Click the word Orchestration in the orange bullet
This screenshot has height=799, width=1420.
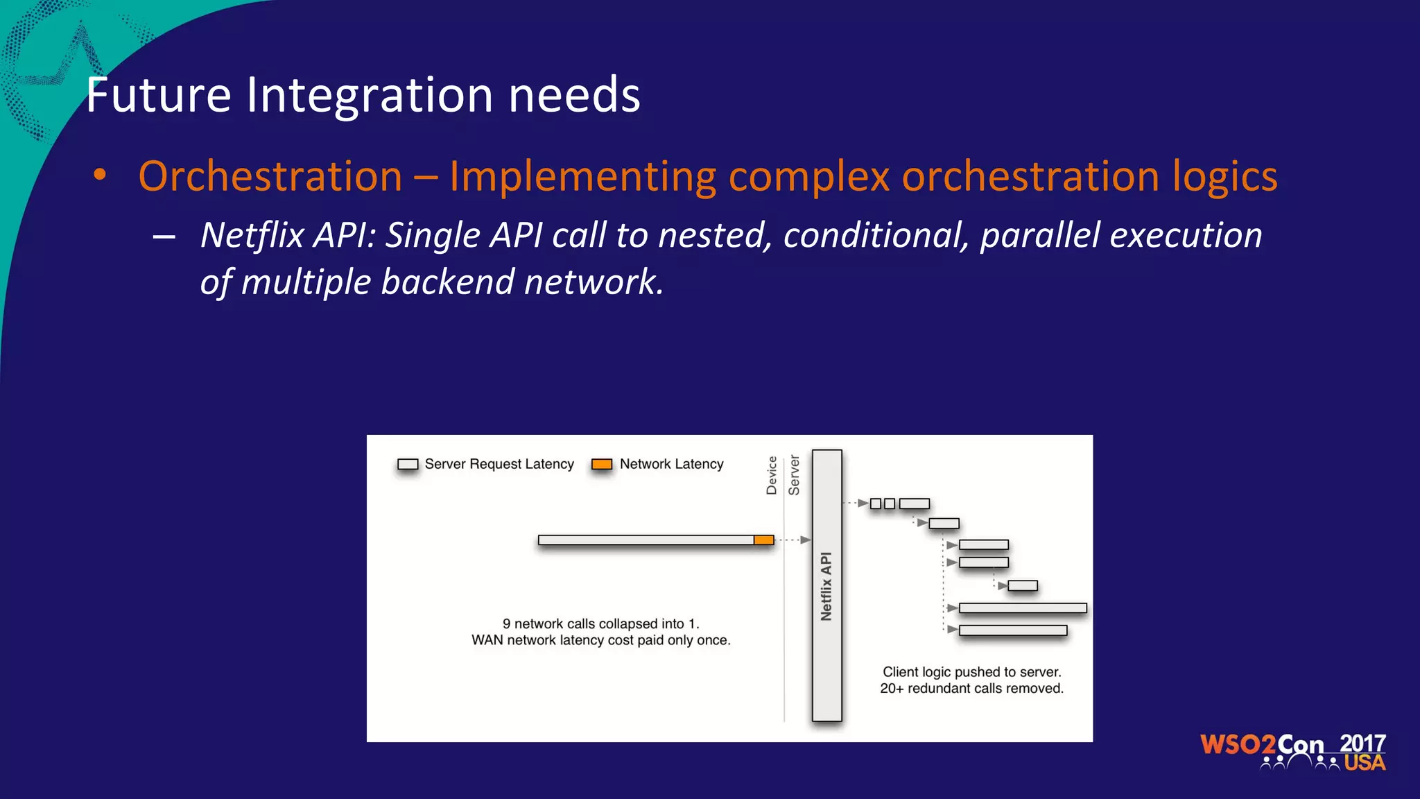pyautogui.click(x=270, y=176)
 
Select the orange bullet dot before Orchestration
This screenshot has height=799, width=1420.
pyautogui.click(x=101, y=175)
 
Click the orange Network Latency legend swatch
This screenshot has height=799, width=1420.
pyautogui.click(x=601, y=464)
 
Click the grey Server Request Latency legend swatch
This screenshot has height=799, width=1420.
pyautogui.click(x=408, y=464)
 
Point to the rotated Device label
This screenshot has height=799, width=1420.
pyautogui.click(x=772, y=475)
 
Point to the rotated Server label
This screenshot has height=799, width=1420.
pyautogui.click(x=794, y=475)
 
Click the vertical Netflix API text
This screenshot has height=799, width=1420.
pyautogui.click(x=826, y=586)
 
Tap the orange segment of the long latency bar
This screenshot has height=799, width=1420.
pyautogui.click(x=763, y=540)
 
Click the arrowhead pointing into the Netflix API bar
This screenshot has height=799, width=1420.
pyautogui.click(x=805, y=540)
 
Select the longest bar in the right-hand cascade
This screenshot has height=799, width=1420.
pyautogui.click(x=1022, y=608)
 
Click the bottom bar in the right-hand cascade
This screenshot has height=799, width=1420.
pyautogui.click(x=1012, y=630)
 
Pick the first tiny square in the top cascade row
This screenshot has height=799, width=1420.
pyautogui.click(x=876, y=504)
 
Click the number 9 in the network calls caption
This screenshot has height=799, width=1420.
pyautogui.click(x=507, y=624)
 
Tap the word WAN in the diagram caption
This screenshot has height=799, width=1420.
pyautogui.click(x=487, y=640)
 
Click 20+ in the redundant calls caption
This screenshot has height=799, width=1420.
pyautogui.click(x=892, y=689)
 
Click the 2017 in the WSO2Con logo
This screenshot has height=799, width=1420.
pyautogui.click(x=1362, y=744)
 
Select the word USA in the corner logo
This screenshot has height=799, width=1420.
pyautogui.click(x=1365, y=763)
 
